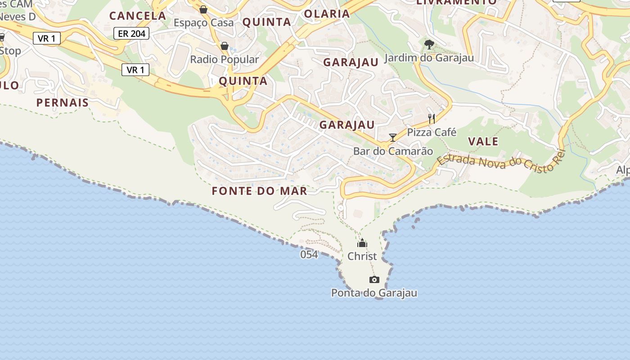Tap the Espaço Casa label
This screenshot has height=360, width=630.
click(203, 22)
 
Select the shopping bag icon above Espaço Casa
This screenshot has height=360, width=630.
click(203, 9)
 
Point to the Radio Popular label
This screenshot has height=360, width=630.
click(224, 59)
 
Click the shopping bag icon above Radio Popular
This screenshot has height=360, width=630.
click(224, 46)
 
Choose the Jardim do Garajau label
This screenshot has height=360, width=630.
click(429, 58)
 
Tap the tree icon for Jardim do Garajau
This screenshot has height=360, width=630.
click(429, 44)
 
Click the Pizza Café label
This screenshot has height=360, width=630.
click(432, 132)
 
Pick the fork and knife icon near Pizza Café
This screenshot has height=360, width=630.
click(431, 119)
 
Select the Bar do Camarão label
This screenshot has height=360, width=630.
click(393, 151)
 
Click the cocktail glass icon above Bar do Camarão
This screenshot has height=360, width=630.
click(393, 137)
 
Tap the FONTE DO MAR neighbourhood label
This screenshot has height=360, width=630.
click(260, 191)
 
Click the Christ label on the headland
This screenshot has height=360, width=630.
click(362, 256)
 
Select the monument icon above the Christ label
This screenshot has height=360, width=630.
click(362, 243)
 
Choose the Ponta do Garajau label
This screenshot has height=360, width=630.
click(374, 293)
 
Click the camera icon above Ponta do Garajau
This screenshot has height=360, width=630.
click(374, 280)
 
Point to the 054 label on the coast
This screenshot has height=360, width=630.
click(309, 255)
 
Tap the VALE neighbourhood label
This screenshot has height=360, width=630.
click(483, 141)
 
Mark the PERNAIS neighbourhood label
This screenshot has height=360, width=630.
click(63, 103)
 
